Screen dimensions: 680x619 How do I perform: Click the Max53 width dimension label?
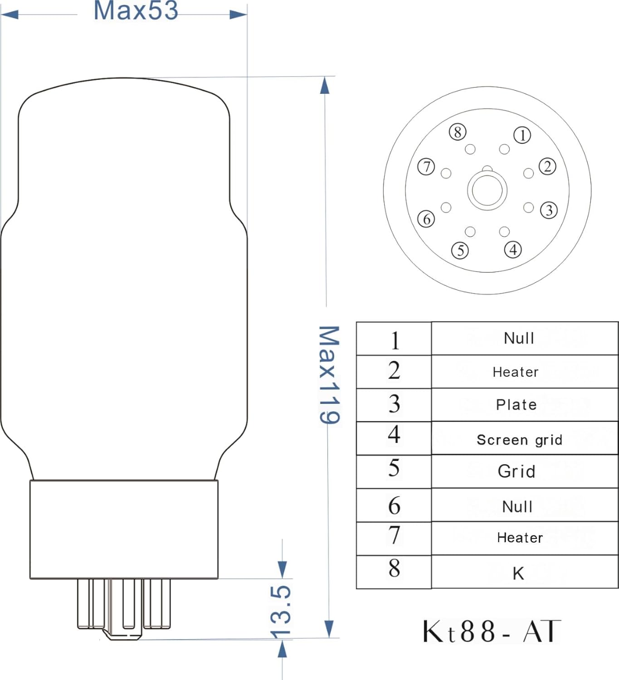pos(136,11)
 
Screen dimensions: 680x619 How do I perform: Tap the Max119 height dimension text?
pos(329,375)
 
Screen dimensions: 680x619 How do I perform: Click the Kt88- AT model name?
pos(492,631)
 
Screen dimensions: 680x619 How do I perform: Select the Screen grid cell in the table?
pos(520,439)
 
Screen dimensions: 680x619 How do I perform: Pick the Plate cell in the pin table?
pos(516,404)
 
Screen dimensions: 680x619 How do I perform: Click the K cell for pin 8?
pos(518,573)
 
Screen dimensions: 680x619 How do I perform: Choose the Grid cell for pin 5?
pos(517,471)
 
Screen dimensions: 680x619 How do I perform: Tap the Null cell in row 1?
pos(519,338)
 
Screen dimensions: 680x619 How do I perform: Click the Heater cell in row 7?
pos(520,538)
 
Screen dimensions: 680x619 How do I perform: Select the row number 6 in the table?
pos(394,505)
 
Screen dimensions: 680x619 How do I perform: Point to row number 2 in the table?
pos(394,370)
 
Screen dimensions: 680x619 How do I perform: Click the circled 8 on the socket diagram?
pos(458,132)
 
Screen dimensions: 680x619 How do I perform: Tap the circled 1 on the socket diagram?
pos(522,135)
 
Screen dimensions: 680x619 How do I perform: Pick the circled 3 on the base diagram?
pos(549,210)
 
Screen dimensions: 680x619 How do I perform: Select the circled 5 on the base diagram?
pos(460,250)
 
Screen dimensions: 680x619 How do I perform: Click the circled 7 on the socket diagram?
pos(426,167)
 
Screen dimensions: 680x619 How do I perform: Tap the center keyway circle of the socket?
pos(487,190)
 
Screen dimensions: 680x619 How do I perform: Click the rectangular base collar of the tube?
pos(124,529)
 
